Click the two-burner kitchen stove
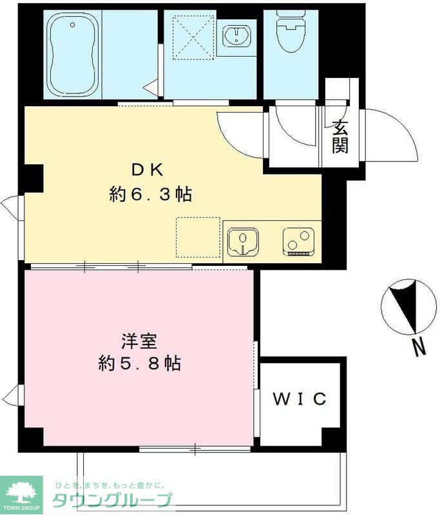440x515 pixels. coord(297,242)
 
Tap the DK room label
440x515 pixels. coord(149,170)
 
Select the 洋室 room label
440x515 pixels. coord(138,339)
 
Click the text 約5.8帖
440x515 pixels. coord(139,364)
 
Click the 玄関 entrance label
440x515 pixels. coord(340,137)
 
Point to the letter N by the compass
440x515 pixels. coord(419,348)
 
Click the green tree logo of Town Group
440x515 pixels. coord(21,492)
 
